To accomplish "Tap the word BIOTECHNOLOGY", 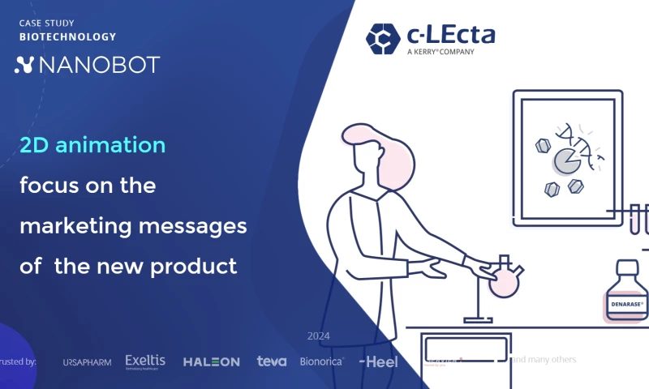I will [68, 36].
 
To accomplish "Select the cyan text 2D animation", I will [92, 145].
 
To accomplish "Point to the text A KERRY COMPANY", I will [441, 52].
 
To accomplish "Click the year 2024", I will [319, 336].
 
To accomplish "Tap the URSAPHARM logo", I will [87, 361].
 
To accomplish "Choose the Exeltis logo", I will [145, 361].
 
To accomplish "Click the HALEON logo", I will [211, 361].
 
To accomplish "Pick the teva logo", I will [272, 361].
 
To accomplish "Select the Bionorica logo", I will [322, 361].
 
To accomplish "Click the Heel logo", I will [379, 361].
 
